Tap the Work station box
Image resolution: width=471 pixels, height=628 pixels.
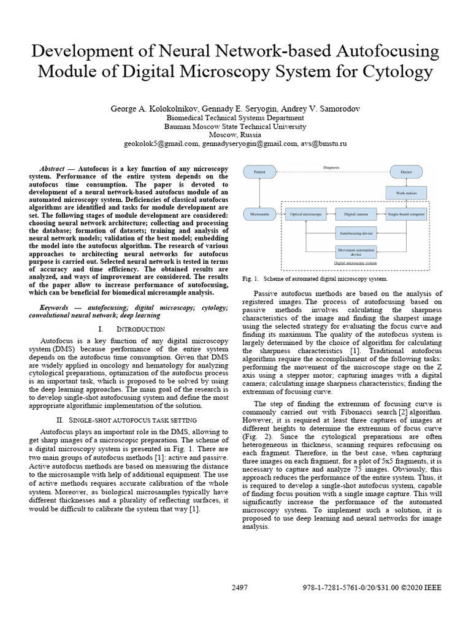point(406,193)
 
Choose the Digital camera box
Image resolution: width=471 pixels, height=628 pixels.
point(356,215)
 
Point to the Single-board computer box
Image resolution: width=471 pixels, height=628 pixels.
point(406,215)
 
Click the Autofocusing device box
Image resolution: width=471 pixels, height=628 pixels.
point(356,233)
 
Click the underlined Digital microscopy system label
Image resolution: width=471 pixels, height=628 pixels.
point(355,262)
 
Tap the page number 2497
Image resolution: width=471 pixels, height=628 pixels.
point(240,587)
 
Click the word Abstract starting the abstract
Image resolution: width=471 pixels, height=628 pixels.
point(53,168)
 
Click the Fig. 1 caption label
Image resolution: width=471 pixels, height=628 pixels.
point(250,278)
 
